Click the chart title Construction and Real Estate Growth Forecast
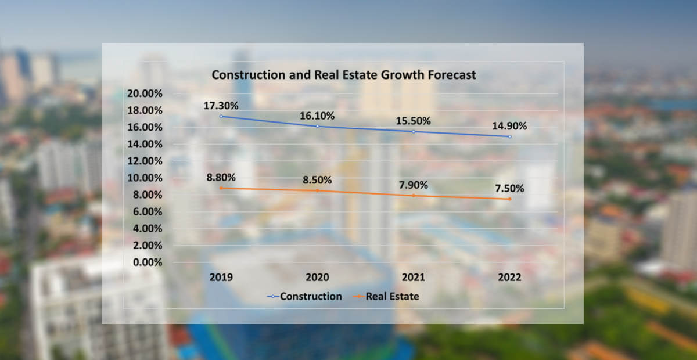point(343,75)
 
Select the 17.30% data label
point(221,106)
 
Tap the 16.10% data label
point(317,116)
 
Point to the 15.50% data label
point(414,121)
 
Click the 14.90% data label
point(509,126)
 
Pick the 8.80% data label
point(221,177)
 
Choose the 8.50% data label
point(317,180)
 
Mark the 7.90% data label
point(414,185)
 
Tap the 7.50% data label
point(509,189)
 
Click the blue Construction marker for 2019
point(221,117)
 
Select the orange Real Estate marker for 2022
point(509,199)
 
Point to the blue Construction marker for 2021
point(414,132)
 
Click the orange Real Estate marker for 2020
point(317,190)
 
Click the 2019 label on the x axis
point(221,278)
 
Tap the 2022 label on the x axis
point(509,278)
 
